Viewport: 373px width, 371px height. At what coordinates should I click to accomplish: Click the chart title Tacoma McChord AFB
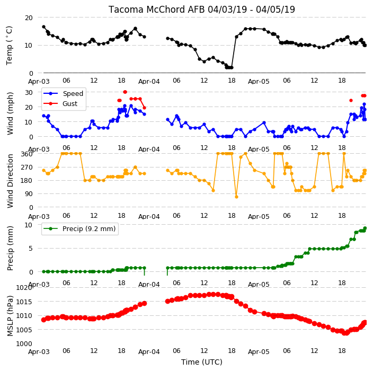click(157, 10)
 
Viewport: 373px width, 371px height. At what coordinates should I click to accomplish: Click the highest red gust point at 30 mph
click(125, 92)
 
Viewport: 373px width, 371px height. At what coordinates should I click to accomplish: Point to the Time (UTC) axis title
click(202, 362)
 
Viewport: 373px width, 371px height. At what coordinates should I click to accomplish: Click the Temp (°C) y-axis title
click(10, 46)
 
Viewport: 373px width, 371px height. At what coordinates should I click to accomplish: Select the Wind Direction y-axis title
click(10, 181)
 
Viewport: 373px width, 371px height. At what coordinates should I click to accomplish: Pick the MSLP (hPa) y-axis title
click(10, 316)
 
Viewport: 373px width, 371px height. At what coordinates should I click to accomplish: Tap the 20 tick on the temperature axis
click(29, 18)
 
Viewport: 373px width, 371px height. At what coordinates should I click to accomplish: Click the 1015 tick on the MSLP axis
click(24, 302)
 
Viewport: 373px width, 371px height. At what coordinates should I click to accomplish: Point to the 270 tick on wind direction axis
click(26, 167)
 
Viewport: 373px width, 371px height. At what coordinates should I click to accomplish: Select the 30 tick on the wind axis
click(29, 92)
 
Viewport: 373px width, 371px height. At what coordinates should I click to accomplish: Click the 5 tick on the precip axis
click(30, 249)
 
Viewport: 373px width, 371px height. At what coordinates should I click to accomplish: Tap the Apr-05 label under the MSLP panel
click(259, 352)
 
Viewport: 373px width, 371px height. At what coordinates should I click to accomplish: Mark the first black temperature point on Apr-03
click(44, 27)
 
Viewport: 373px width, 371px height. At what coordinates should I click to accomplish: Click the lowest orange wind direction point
click(236, 197)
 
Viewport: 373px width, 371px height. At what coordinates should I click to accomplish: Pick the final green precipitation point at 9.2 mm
click(365, 228)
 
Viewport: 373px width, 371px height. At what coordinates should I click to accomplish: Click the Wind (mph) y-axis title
click(10, 113)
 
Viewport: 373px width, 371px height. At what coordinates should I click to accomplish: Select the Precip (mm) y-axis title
click(10, 248)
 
